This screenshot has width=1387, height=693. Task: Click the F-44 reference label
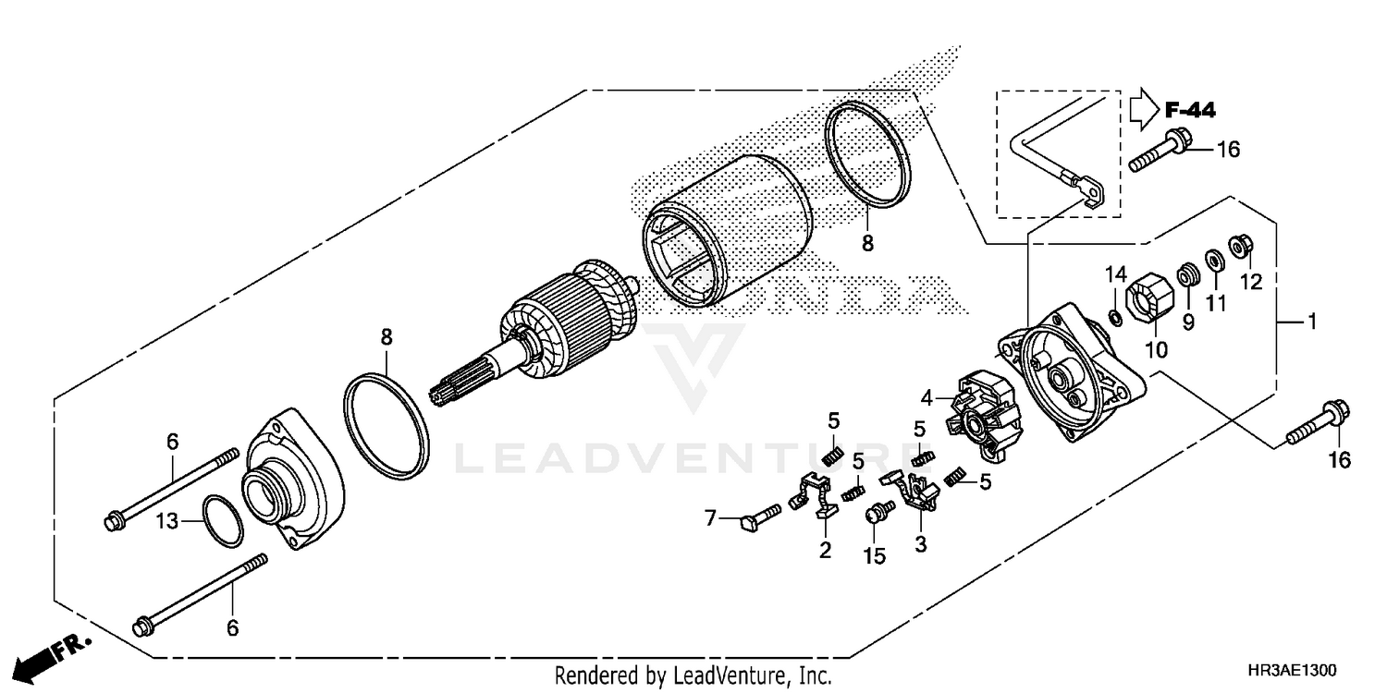point(1190,111)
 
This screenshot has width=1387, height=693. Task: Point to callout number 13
point(166,522)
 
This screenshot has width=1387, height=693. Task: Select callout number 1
point(1310,322)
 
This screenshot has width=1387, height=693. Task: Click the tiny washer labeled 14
point(1116,319)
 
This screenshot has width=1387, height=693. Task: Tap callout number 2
point(825,551)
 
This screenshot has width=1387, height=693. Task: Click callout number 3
point(920,544)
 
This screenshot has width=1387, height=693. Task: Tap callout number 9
point(1188,322)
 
